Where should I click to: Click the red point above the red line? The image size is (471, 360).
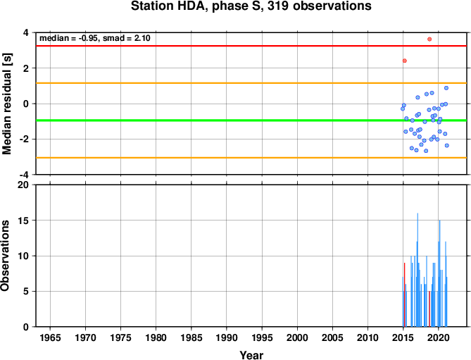(x=429, y=39)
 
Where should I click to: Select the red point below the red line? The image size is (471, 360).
(x=405, y=61)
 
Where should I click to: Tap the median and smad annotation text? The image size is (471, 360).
(x=95, y=38)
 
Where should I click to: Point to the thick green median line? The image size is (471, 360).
(x=251, y=120)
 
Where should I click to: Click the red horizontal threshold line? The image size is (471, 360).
(x=251, y=46)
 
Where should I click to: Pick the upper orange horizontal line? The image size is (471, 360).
(x=251, y=83)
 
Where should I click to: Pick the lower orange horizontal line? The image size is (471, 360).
(x=251, y=158)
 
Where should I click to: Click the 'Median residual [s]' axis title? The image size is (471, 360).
(x=6, y=104)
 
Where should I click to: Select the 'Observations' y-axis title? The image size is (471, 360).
(x=5, y=256)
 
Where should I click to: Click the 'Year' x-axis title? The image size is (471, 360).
(x=251, y=355)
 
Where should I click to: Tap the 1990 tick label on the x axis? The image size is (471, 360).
(x=227, y=337)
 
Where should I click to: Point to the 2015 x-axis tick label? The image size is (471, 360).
(x=403, y=337)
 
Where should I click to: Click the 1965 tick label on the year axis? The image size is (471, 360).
(x=50, y=337)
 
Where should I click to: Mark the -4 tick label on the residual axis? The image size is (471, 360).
(x=25, y=175)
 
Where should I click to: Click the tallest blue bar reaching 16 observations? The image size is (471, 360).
(x=417, y=270)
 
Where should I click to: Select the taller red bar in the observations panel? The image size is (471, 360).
(x=404, y=294)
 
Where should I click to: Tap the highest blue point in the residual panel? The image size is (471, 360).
(x=446, y=88)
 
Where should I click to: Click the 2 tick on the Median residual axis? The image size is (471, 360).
(x=27, y=68)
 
